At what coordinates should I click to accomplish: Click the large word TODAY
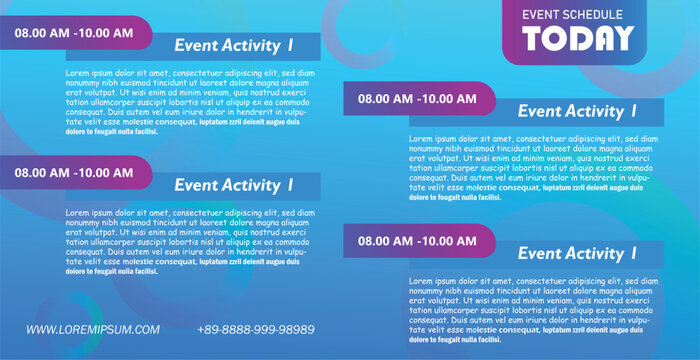[x=579, y=39]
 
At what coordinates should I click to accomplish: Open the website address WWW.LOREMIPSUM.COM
[x=93, y=329]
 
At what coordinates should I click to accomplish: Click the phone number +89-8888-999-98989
[x=256, y=329]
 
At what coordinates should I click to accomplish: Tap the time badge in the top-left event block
[x=73, y=33]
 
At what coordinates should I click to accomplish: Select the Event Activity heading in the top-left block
[x=234, y=45]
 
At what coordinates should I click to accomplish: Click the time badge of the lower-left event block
[x=73, y=172]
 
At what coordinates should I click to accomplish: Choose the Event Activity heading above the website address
[x=234, y=185]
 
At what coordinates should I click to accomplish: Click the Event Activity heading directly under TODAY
[x=577, y=112]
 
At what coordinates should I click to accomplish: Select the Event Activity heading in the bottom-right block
[x=577, y=254]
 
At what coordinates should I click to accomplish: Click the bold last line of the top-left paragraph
[x=112, y=131]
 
